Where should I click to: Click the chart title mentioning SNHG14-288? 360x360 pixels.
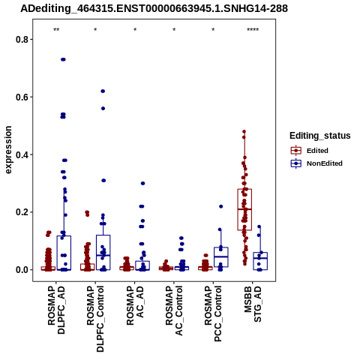point(154,9)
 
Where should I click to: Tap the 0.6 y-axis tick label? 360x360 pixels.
point(22,97)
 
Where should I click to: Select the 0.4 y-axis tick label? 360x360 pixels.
point(22,154)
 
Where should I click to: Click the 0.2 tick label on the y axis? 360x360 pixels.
point(22,212)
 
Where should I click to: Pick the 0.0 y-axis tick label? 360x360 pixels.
point(22,270)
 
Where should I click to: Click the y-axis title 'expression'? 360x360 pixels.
point(8,150)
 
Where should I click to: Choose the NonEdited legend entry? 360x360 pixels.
point(316,163)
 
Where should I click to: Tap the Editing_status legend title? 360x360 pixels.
point(320,136)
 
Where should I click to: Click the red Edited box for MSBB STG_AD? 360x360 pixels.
point(244,209)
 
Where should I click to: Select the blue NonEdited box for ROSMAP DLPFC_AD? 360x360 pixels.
point(64,253)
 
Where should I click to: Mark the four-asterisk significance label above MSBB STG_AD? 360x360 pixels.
point(253,30)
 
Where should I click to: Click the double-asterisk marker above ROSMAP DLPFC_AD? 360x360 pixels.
point(56,30)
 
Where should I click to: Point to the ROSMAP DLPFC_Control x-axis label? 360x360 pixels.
point(95,319)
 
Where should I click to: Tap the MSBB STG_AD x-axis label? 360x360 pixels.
point(253,304)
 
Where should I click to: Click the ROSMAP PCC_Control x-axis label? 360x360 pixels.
point(213,313)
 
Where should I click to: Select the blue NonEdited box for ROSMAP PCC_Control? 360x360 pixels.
point(221,257)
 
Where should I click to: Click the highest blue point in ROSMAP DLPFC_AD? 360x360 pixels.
point(63,59)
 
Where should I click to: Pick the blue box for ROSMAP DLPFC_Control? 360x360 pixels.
point(103,253)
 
